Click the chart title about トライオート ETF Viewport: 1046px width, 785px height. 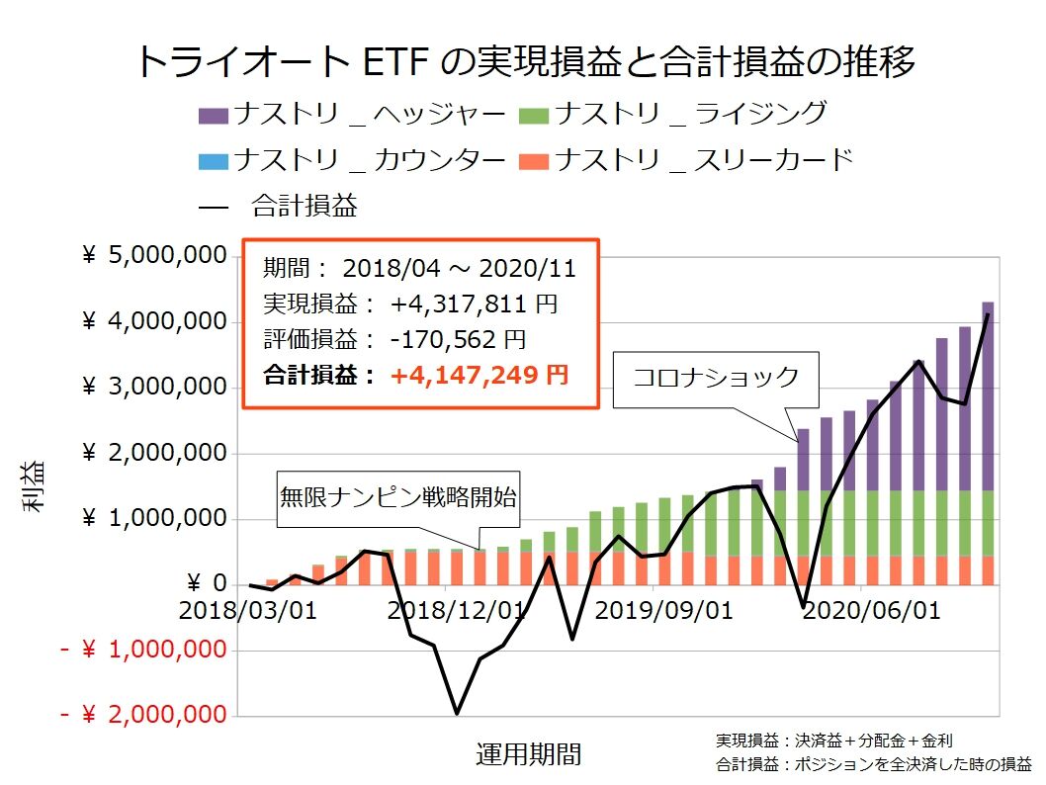[x=523, y=61]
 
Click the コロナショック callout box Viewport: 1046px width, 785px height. [x=716, y=378]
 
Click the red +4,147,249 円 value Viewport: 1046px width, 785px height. [x=479, y=375]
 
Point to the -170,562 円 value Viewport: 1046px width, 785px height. [x=458, y=339]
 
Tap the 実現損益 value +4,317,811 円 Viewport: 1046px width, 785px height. [x=479, y=304]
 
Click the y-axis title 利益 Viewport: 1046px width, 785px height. [x=34, y=486]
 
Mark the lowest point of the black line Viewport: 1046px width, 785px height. [x=457, y=713]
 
